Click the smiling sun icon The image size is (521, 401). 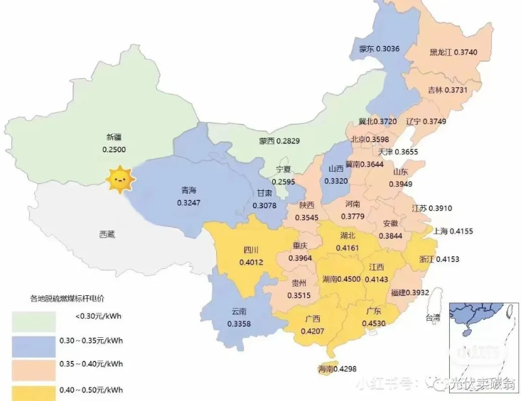pos(119,180)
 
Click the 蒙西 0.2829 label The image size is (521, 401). pos(279,142)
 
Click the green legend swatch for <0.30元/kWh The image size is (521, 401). pos(33,322)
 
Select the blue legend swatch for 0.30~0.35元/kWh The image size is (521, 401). pos(33,346)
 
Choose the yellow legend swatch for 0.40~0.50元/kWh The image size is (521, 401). pos(33,392)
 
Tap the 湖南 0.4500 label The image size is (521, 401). pos(341,279)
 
